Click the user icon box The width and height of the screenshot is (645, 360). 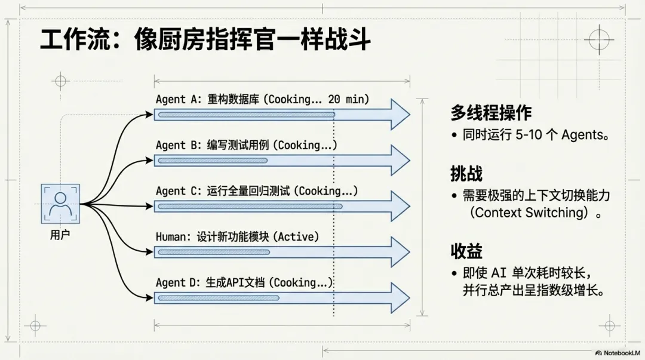60,204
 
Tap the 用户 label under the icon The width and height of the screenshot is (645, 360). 60,235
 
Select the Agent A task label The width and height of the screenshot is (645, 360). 262,99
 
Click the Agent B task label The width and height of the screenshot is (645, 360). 246,145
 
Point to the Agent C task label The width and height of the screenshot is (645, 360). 257,191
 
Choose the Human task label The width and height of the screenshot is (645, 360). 237,237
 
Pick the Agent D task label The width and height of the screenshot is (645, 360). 244,282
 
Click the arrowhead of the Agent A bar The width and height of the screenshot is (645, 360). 399,114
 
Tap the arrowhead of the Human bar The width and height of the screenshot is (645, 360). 399,251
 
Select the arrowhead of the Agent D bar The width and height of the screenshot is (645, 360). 399,297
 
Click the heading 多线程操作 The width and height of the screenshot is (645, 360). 491,113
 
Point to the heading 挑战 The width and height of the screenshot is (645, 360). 466,174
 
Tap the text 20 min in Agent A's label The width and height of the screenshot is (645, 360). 348,99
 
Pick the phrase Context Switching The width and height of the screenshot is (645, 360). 526,213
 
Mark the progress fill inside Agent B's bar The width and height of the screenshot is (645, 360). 212,160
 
